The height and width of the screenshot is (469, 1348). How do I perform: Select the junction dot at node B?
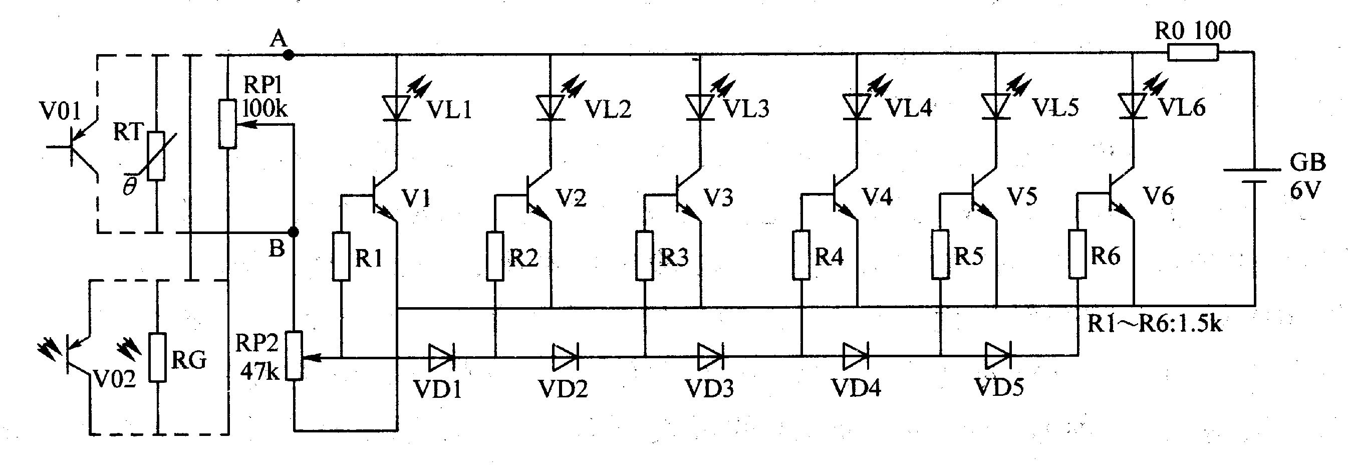[x=294, y=232]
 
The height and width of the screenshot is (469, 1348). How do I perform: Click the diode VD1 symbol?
[x=441, y=357]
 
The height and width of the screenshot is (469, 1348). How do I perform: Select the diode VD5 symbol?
[x=998, y=356]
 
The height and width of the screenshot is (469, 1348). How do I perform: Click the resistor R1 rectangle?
[x=341, y=257]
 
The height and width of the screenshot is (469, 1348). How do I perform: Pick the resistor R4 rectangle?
[x=801, y=255]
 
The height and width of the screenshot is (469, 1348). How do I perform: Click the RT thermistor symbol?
[x=156, y=156]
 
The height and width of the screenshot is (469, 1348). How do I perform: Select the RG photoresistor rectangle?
[x=157, y=357]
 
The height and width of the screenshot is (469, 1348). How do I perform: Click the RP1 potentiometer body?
[x=227, y=124]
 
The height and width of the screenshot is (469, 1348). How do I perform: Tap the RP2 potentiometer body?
[x=294, y=355]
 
